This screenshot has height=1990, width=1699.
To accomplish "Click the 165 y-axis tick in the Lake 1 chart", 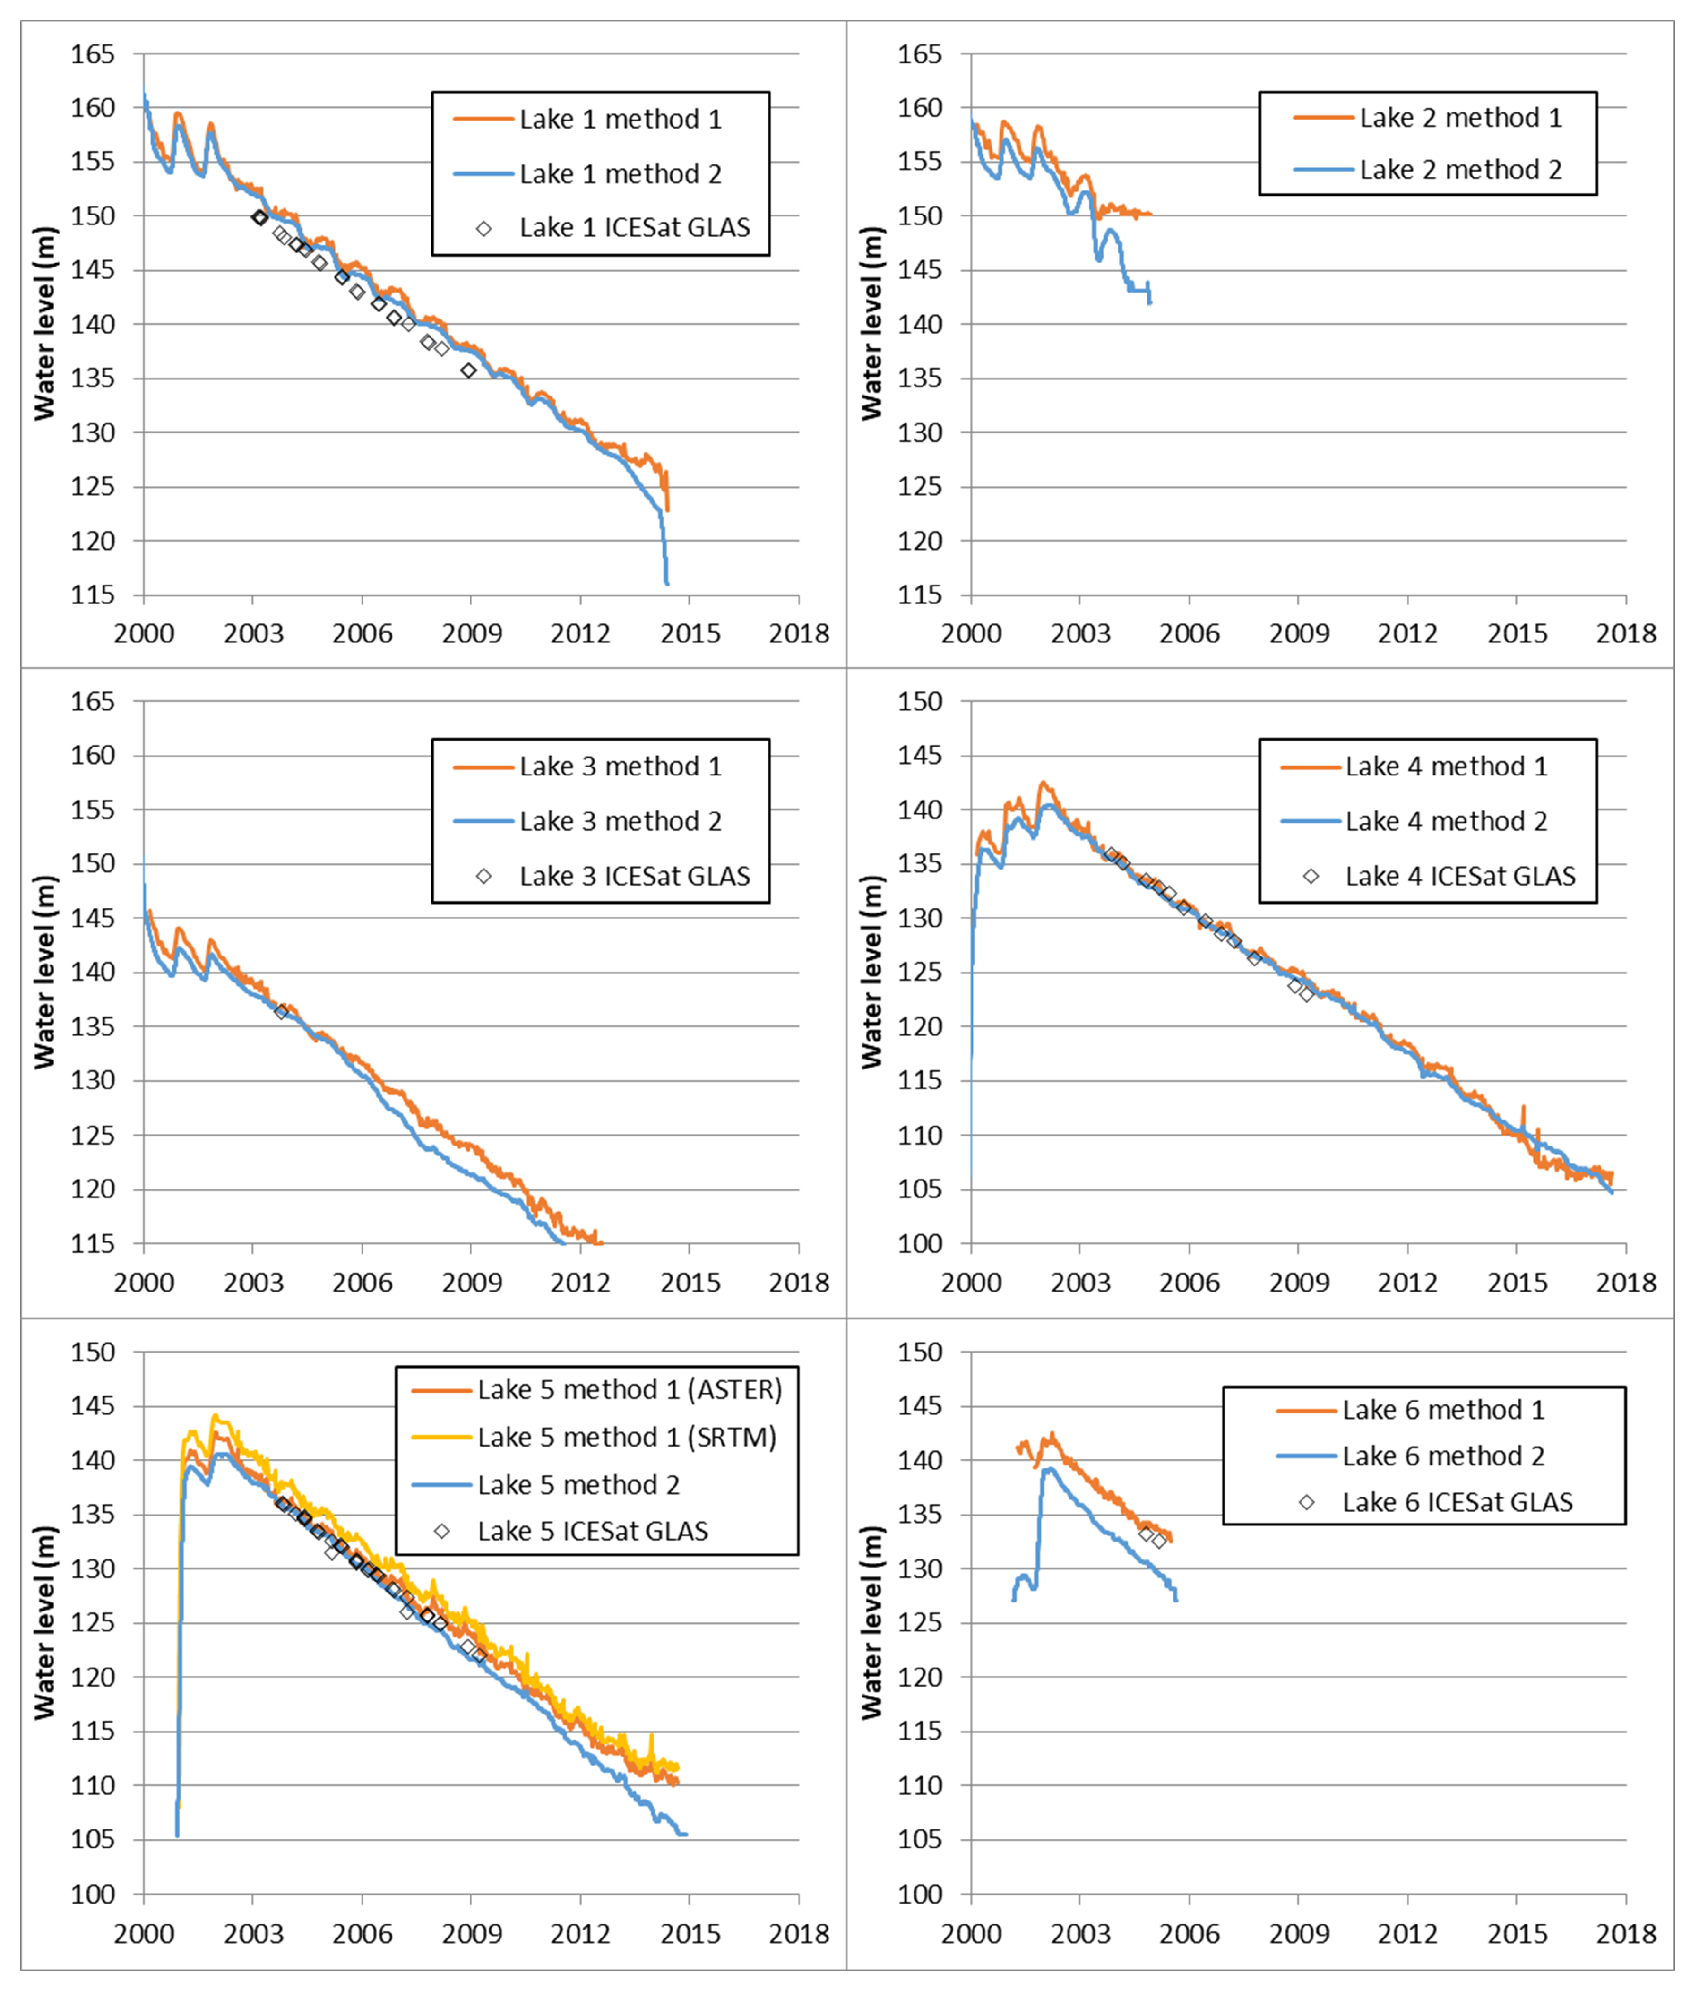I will pyautogui.click(x=92, y=55).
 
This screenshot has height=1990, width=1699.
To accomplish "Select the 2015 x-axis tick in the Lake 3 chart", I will pyautogui.click(x=690, y=1282).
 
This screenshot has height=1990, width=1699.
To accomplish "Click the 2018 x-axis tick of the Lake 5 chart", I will pyautogui.click(x=798, y=1933).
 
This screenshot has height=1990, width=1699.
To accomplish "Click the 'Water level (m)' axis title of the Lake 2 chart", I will pyautogui.click(x=871, y=324).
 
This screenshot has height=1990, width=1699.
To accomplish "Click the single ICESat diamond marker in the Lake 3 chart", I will pyautogui.click(x=281, y=1012).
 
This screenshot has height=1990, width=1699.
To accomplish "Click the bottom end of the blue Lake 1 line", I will pyautogui.click(x=666, y=583).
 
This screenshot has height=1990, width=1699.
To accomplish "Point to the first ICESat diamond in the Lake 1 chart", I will pyautogui.click(x=259, y=218).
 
